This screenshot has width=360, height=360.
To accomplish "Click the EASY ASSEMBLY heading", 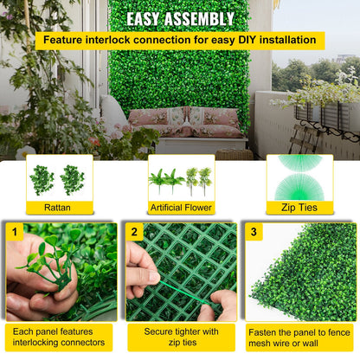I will point(180,18).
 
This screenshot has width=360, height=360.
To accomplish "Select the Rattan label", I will point(59,209).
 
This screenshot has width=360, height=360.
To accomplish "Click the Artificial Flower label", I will point(180,209).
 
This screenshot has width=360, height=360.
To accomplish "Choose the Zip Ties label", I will point(299,209).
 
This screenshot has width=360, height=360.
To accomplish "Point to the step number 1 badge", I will point(14,232).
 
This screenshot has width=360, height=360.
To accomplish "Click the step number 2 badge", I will point(134,232).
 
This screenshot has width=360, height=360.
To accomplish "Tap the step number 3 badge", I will point(253,232).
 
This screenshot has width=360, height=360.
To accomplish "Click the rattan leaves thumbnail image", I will point(59,179).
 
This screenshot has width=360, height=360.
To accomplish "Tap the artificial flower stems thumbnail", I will point(180,179).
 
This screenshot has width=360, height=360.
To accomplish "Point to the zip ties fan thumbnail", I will point(299,177).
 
